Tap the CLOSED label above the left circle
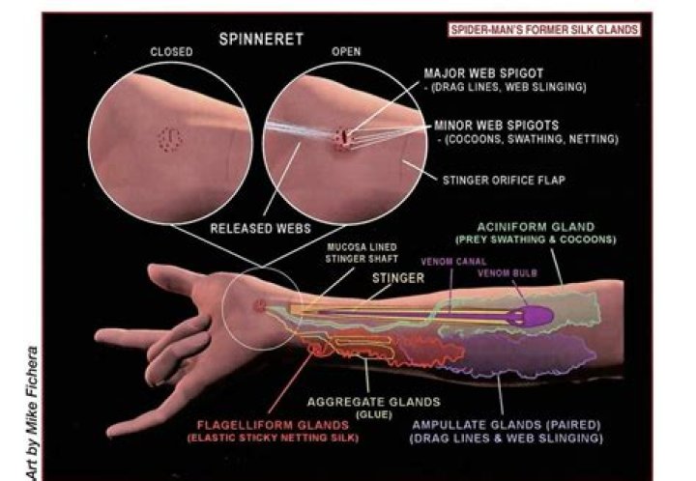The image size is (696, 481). [170, 52]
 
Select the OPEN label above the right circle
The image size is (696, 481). [346, 52]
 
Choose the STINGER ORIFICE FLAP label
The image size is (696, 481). [504, 180]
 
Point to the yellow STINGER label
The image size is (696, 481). [397, 278]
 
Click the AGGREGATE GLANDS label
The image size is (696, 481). [372, 401]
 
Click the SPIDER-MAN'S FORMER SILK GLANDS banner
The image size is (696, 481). [544, 30]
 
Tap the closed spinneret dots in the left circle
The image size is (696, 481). [171, 141]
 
